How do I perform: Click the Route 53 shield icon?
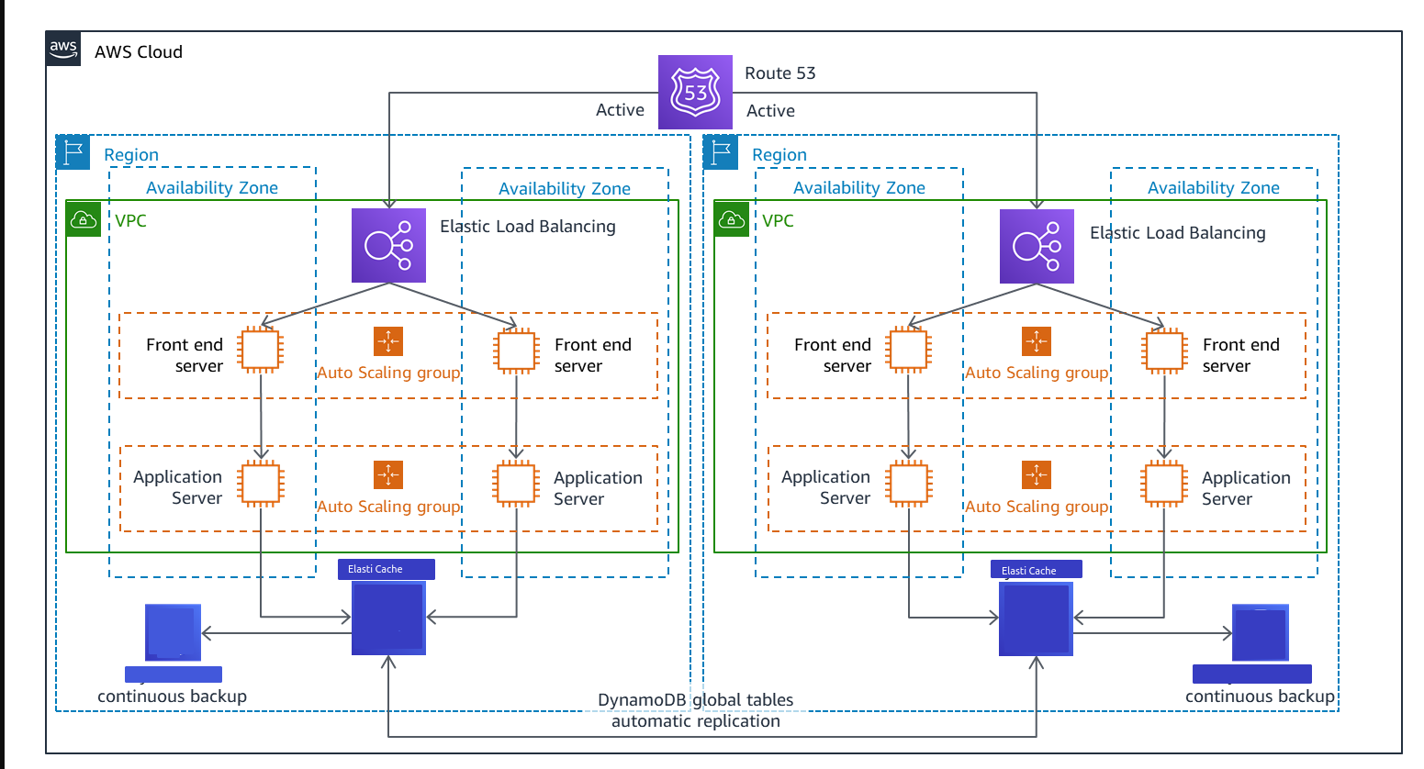695,92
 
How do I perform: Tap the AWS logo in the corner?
63,49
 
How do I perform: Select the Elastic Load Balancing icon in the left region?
388,245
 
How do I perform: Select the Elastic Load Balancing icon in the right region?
1036,246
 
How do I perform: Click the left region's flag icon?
73,151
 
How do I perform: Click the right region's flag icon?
721,151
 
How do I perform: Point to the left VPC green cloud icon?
84,220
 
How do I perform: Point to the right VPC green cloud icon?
731,220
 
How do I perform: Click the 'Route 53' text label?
779,73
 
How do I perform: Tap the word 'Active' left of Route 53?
620,110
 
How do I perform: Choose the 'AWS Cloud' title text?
139,52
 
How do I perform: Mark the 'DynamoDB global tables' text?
695,700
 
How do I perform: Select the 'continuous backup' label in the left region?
172,697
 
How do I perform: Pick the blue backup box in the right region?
1260,633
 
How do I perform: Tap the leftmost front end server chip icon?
261,350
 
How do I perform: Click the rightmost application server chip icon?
1164,484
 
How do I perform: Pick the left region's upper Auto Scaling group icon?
388,341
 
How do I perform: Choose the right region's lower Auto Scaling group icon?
1036,475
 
